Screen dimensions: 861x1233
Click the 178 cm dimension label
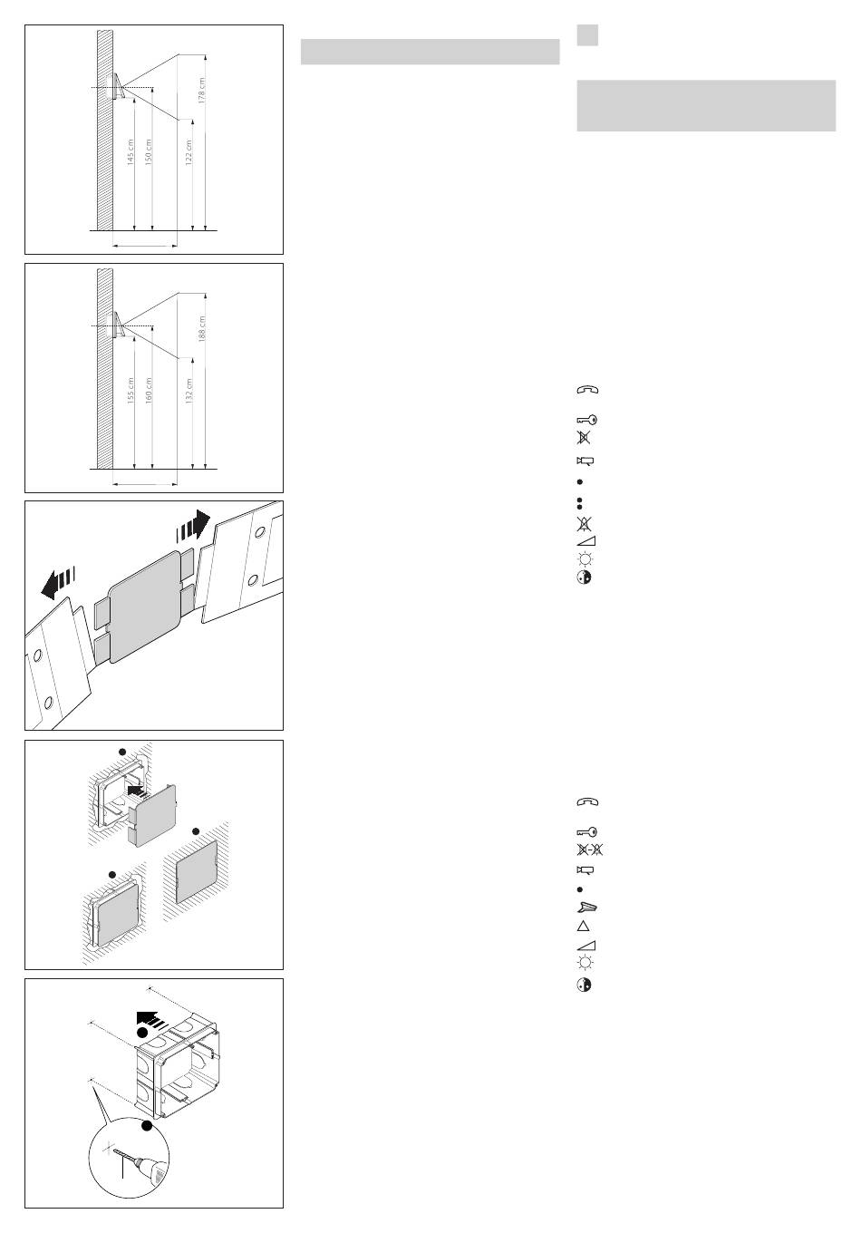click(202, 90)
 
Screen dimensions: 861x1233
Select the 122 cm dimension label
click(189, 150)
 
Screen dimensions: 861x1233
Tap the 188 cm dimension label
click(202, 327)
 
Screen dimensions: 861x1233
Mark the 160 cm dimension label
click(149, 389)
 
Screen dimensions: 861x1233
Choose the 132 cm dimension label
click(189, 389)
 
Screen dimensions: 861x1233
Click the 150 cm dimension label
click(149, 150)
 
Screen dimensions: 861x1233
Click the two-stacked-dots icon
click(578, 501)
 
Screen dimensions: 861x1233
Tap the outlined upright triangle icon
click(585, 927)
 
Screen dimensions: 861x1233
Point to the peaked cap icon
click(587, 907)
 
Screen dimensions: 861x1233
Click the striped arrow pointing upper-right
click(194, 527)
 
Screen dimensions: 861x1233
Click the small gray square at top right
click(587, 34)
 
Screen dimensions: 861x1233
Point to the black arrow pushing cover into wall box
click(136, 791)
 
